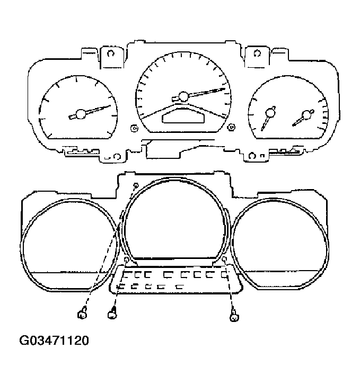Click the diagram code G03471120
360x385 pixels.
55,340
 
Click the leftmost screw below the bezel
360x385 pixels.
82,315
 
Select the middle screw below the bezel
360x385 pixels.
112,315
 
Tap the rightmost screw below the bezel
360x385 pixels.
233,317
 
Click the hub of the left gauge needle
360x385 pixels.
81,114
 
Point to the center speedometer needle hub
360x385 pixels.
183,96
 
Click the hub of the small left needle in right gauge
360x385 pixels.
270,112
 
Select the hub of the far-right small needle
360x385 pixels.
306,115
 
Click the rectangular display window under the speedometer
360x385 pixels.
183,117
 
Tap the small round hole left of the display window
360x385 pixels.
134,128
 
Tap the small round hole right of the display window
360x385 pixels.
231,127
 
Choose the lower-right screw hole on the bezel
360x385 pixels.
225,259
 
